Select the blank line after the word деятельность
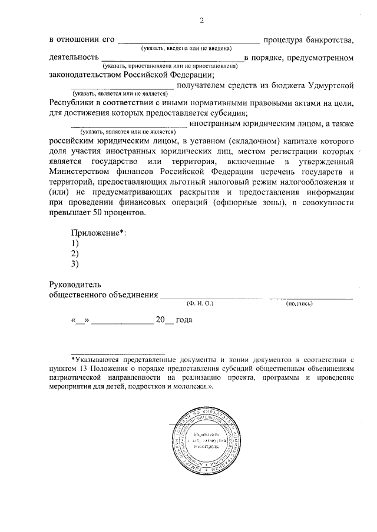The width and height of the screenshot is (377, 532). (x=173, y=59)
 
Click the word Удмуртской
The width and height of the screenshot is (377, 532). (x=331, y=86)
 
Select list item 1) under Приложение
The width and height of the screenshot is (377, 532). (x=75, y=243)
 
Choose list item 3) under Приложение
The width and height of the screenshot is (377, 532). (x=75, y=264)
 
